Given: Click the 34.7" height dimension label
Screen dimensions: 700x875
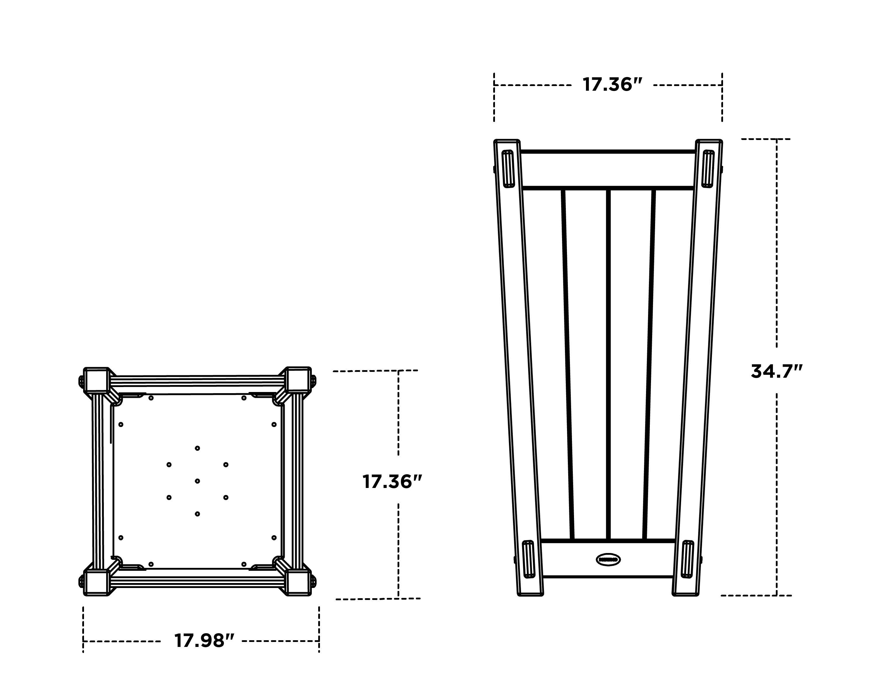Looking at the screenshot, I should [x=776, y=371].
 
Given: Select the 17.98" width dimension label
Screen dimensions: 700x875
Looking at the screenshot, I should [x=204, y=641].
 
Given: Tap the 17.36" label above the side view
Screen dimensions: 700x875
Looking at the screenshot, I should [x=612, y=85].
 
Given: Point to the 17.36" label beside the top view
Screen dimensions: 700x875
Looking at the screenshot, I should [x=392, y=482].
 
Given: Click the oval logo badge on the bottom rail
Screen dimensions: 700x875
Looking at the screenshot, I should [x=608, y=560].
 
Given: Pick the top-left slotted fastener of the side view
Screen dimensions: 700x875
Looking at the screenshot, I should [x=508, y=169].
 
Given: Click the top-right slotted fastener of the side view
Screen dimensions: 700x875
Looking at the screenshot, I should [x=708, y=169].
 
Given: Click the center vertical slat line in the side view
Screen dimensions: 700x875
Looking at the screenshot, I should [x=608, y=365].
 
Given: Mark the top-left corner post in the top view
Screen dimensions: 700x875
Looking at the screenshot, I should [x=96, y=380].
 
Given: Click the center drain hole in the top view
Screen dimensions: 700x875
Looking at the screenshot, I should [x=197, y=481].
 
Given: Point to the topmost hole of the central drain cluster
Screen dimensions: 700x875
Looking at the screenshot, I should [x=197, y=448].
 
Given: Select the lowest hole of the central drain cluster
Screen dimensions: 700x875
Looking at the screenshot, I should [x=197, y=514].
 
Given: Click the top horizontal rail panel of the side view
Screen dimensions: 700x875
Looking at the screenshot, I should [x=608, y=170].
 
